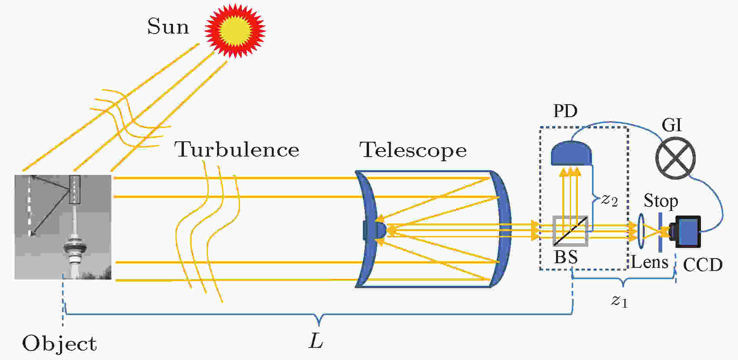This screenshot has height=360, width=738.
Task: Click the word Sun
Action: (168, 27)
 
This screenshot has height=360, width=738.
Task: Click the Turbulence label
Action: (237, 150)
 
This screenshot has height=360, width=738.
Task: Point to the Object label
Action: (59, 344)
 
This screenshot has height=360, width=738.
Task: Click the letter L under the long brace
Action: (316, 341)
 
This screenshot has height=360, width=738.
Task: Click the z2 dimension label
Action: (609, 200)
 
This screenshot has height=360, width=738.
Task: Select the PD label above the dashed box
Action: (565, 111)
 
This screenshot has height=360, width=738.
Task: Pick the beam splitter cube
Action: (570, 231)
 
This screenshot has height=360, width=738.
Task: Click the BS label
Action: (566, 257)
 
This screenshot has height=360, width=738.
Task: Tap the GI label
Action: (672, 125)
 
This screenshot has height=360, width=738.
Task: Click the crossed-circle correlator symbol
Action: (675, 158)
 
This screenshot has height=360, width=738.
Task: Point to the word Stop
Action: (661, 201)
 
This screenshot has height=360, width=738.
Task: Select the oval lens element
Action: (641, 231)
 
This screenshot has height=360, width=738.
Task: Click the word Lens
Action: (650, 262)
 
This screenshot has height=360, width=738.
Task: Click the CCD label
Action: (702, 265)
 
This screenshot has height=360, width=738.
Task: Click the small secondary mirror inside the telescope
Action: (377, 230)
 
